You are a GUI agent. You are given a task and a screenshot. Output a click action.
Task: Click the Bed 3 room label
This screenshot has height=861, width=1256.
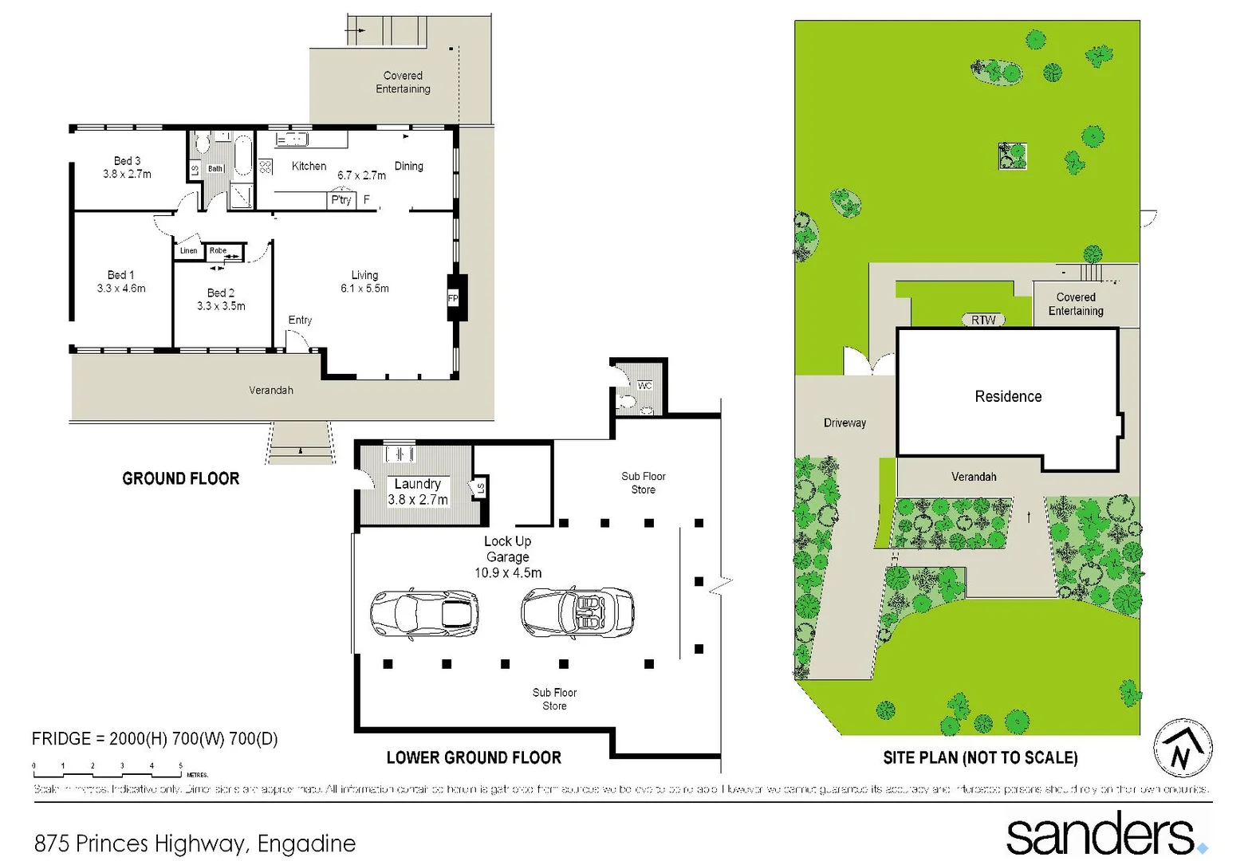pyautogui.click(x=127, y=161)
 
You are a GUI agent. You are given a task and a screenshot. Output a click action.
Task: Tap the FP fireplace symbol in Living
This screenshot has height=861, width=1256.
pyautogui.click(x=453, y=298)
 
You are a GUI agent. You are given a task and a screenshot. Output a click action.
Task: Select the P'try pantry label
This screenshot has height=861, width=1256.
pyautogui.click(x=341, y=200)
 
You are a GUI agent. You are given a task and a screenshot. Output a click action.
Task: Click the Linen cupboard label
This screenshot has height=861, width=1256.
pyautogui.click(x=188, y=250)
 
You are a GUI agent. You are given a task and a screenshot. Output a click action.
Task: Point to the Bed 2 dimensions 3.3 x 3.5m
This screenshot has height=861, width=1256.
pyautogui.click(x=221, y=306)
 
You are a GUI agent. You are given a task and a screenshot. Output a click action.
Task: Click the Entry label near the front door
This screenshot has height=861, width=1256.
pyautogui.click(x=300, y=320)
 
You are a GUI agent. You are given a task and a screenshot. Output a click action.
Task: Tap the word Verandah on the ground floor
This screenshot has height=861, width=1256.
pyautogui.click(x=271, y=390)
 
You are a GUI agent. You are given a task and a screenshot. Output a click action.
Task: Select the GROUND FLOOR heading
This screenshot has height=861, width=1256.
pyautogui.click(x=180, y=478)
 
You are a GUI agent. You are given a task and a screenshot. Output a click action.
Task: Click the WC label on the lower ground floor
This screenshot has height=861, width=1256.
pyautogui.click(x=644, y=386)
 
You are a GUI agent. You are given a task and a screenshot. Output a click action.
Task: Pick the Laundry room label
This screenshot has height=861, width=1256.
pyautogui.click(x=417, y=484)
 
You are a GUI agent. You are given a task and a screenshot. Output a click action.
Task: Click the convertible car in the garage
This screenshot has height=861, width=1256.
pyautogui.click(x=577, y=613)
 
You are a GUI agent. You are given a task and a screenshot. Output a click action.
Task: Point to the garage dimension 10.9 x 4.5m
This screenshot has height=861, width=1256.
pyautogui.click(x=508, y=573)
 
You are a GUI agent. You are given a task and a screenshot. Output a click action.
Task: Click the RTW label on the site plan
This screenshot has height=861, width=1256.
pyautogui.click(x=983, y=320)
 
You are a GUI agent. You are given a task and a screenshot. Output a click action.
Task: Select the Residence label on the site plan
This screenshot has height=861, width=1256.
pyautogui.click(x=1008, y=396)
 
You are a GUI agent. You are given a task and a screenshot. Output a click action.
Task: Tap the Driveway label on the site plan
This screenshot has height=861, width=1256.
pyautogui.click(x=845, y=423)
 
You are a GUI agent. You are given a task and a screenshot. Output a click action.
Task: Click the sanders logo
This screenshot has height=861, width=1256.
pyautogui.click(x=1104, y=834)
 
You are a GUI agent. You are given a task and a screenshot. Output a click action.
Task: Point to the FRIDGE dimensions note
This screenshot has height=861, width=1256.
pyautogui.click(x=155, y=739)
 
